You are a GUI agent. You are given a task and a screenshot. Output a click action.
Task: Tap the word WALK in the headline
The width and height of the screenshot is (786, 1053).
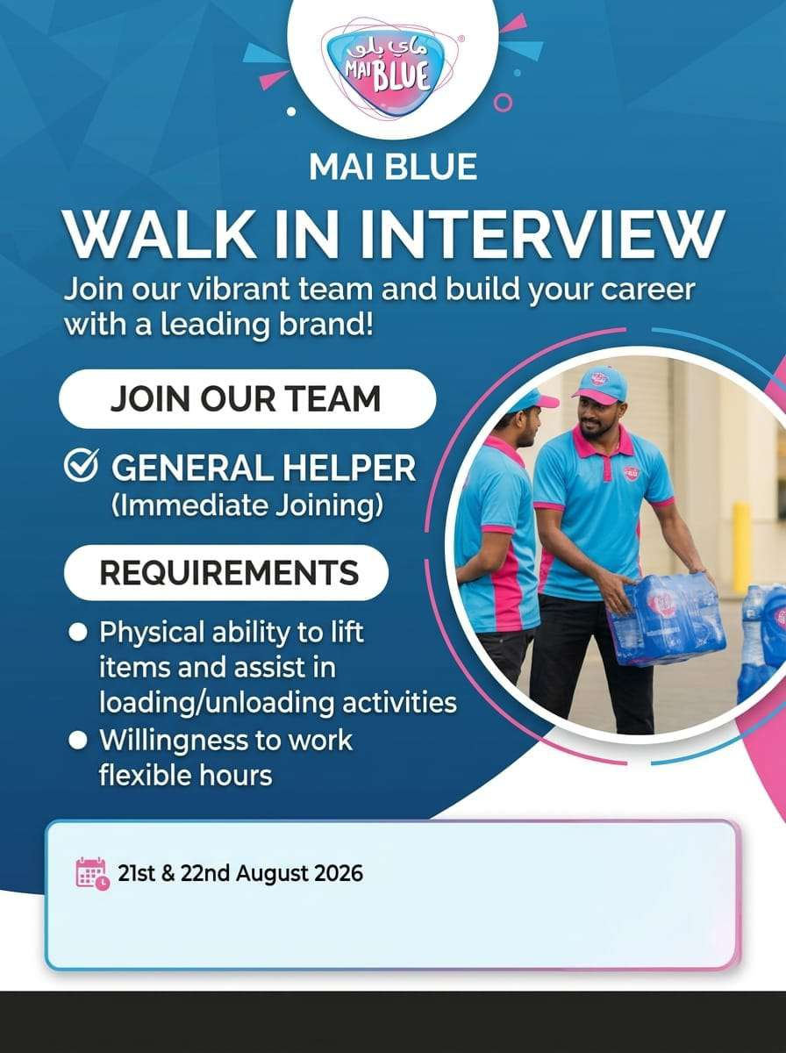click(x=161, y=235)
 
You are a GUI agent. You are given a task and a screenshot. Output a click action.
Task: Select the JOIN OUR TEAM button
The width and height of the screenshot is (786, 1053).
click(x=247, y=398)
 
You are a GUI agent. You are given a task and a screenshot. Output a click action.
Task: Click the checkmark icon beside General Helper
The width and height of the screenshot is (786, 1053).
click(x=82, y=465)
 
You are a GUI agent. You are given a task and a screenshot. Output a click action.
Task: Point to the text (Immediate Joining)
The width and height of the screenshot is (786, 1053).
click(x=247, y=505)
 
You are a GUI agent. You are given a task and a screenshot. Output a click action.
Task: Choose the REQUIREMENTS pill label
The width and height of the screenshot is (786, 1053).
click(x=227, y=572)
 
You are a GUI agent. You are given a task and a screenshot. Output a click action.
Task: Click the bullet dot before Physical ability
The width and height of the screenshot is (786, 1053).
click(x=78, y=633)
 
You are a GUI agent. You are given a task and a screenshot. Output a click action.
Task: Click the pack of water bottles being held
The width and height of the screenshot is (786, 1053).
click(x=667, y=618)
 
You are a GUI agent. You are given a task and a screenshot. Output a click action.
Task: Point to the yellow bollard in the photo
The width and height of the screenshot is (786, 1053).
click(x=741, y=546)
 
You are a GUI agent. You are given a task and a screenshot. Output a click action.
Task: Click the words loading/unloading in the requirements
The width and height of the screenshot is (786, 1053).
click(x=217, y=704)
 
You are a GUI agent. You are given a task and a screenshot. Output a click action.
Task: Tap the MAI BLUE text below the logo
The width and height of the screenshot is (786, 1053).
click(x=393, y=167)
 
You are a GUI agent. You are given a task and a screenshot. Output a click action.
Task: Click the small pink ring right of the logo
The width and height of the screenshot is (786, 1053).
click(x=503, y=102)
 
